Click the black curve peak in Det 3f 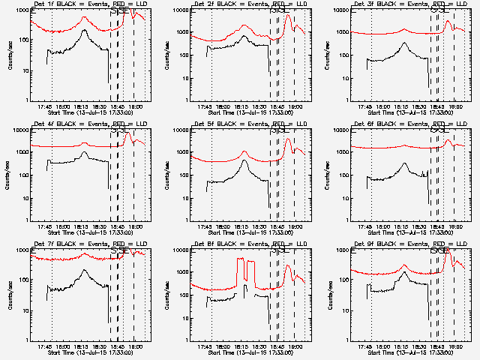click(403, 43)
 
